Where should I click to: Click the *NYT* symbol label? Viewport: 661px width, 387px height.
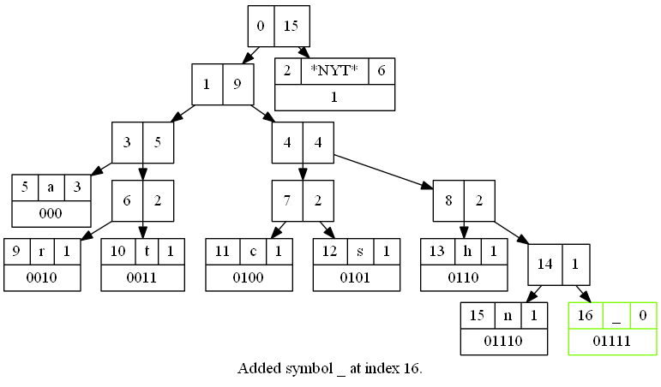(x=334, y=70)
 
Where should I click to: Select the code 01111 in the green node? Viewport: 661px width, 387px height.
(x=611, y=341)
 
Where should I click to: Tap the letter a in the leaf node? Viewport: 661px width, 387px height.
(x=51, y=187)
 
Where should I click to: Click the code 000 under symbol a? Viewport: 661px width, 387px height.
(x=51, y=213)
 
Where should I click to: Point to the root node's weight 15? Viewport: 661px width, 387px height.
(x=291, y=26)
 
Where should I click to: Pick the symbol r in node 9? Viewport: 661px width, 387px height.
(x=42, y=252)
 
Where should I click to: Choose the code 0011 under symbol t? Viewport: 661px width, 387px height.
(x=141, y=277)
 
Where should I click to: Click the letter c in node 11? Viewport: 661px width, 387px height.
(x=253, y=252)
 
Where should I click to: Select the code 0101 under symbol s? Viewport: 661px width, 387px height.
(x=355, y=277)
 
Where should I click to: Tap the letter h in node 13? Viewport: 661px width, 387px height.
(x=467, y=252)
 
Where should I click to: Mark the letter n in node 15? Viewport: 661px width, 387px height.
(x=508, y=315)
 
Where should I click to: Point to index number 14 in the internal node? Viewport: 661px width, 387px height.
(x=544, y=264)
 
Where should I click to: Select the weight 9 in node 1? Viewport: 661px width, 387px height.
(x=237, y=84)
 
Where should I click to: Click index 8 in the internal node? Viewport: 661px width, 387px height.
(x=448, y=201)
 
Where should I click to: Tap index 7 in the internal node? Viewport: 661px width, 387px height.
(x=287, y=201)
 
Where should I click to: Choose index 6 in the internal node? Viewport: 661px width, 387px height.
(x=127, y=201)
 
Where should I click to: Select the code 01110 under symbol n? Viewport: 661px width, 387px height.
(x=503, y=341)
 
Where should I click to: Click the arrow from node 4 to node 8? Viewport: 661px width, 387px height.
(x=383, y=171)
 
